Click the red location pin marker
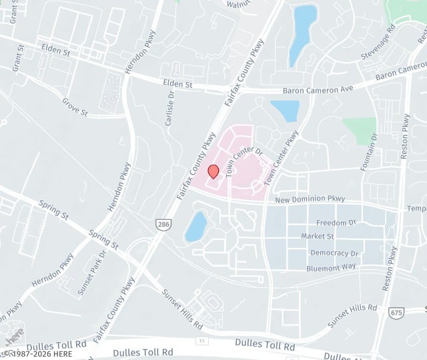pyautogui.click(x=213, y=171)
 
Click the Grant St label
pyautogui.click(x=16, y=59)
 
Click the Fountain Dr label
pyautogui.click(x=369, y=152)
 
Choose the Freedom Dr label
pyautogui.click(x=336, y=222)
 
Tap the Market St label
pyautogui.click(x=317, y=236)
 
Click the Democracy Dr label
pyautogui.click(x=335, y=253)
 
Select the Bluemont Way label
pyautogui.click(x=332, y=268)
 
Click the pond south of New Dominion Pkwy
pyautogui.click(x=196, y=227)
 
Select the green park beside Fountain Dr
pyautogui.click(x=360, y=130)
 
